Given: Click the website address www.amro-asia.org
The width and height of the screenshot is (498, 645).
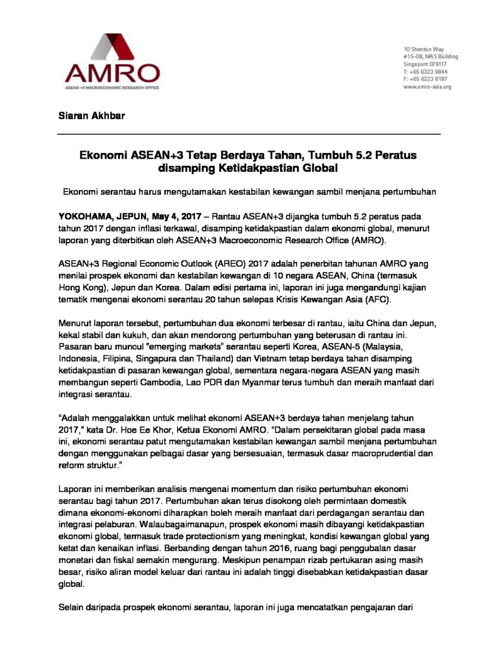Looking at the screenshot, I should coord(427,87).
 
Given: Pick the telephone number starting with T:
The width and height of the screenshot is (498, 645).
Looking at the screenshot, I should coord(425,72).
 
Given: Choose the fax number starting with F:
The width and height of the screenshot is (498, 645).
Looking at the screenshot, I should coord(425,79).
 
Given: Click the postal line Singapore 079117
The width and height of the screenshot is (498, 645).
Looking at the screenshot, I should coord(425,64).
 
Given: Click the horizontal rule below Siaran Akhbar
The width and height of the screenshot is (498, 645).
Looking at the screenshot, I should coord(249,134).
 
